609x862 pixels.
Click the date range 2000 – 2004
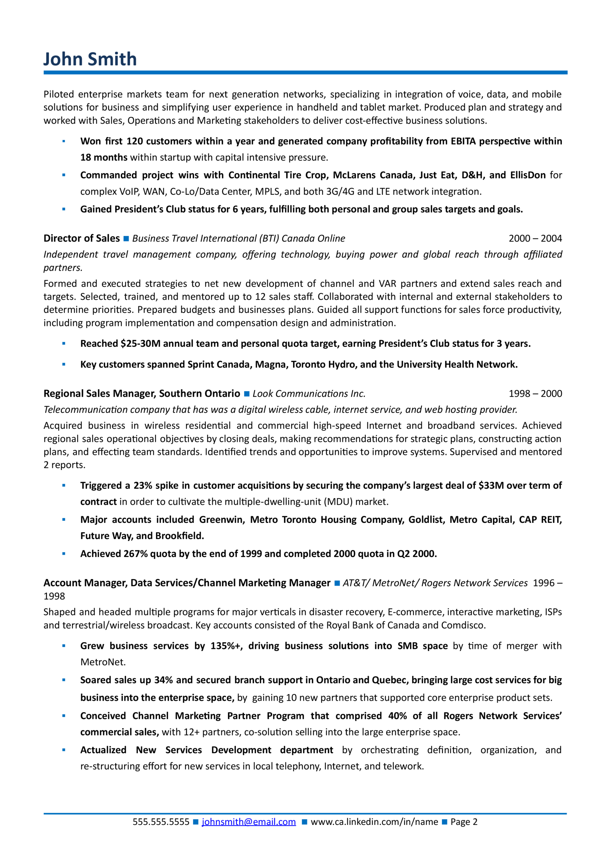coord(535,238)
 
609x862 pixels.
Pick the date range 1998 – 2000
coord(535,394)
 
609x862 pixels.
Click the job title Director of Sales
coord(82,238)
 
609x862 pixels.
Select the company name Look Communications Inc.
coord(309,394)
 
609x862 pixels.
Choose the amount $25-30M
coord(140,343)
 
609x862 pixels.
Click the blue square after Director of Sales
coord(126,239)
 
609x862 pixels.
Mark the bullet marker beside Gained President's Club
coord(63,209)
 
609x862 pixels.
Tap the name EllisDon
coord(527,175)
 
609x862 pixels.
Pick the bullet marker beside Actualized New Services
coord(63,750)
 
